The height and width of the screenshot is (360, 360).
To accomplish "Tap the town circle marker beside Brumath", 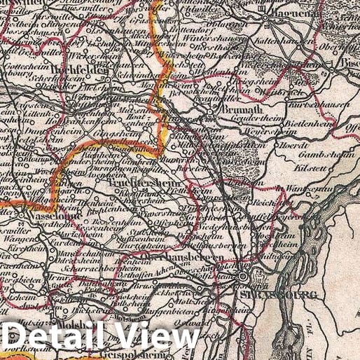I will [x=213, y=111].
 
